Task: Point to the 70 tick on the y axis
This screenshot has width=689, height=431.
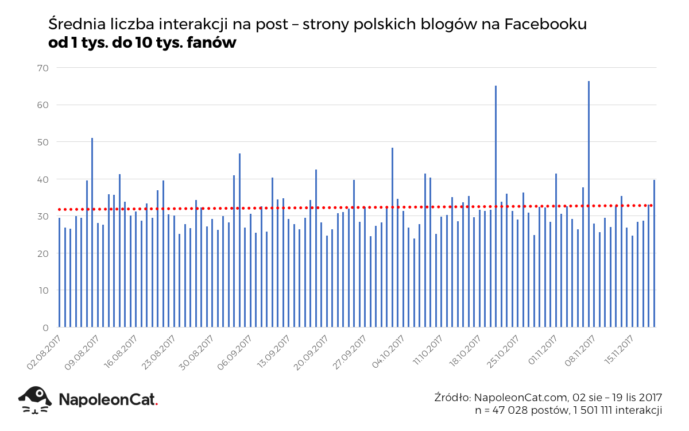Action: [43, 68]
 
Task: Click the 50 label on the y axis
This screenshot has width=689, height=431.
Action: [43, 142]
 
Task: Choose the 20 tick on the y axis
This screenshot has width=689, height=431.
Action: [43, 253]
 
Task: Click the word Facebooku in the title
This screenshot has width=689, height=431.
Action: [545, 25]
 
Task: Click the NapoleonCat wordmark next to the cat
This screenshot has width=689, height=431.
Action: [108, 399]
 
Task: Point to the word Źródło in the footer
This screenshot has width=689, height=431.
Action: [452, 398]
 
